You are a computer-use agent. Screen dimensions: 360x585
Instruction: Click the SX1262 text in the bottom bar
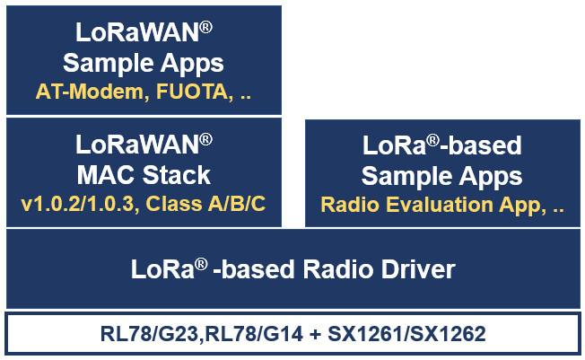pyautogui.click(x=444, y=335)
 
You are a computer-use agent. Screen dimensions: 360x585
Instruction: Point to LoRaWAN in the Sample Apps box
pyautogui.click(x=135, y=37)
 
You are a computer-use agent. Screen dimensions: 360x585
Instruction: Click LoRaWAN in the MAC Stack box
pyautogui.click(x=135, y=145)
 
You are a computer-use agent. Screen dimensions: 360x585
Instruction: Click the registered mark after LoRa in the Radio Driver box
pyautogui.click(x=203, y=261)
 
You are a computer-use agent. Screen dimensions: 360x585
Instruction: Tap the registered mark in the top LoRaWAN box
pyautogui.click(x=205, y=29)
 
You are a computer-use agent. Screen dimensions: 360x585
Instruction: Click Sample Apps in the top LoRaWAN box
pyautogui.click(x=144, y=64)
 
